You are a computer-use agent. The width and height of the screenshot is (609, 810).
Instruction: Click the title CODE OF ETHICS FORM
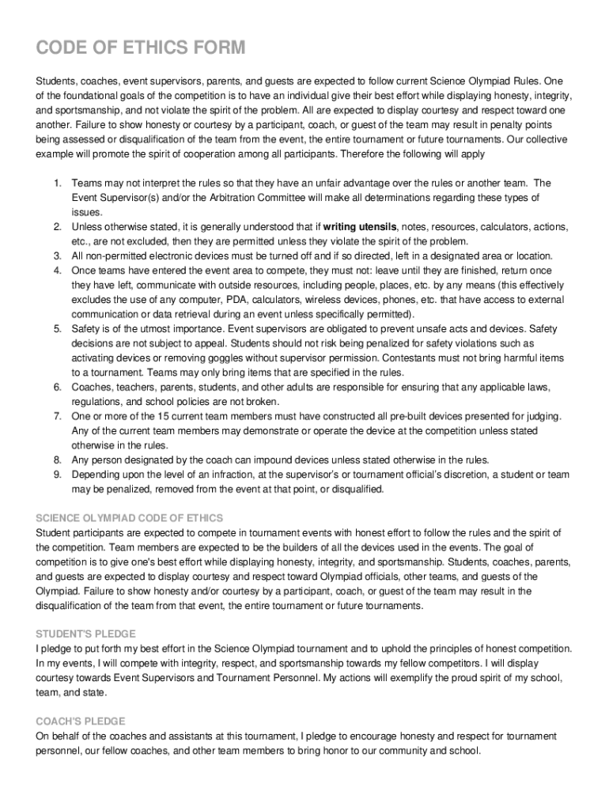[x=141, y=49]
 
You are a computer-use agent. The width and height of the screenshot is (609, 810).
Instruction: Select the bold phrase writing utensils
[x=360, y=227]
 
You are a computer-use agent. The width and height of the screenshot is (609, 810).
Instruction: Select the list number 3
[x=58, y=255]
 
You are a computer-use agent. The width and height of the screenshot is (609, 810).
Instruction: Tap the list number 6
[x=58, y=387]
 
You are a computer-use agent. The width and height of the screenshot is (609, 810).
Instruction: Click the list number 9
[x=58, y=475]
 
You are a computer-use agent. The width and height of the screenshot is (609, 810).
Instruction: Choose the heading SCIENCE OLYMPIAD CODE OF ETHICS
[x=130, y=518]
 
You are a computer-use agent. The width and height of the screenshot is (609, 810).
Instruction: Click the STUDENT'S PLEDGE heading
[x=86, y=634]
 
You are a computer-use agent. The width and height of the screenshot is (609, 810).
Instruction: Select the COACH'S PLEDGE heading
[x=81, y=721]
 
